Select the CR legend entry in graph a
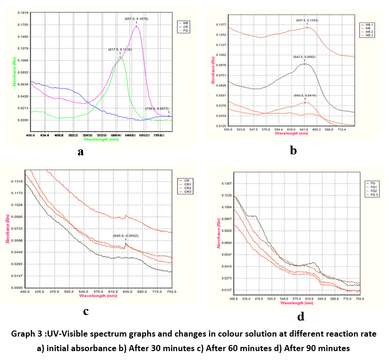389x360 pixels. [x=186, y=26]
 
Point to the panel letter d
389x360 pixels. [x=300, y=316]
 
